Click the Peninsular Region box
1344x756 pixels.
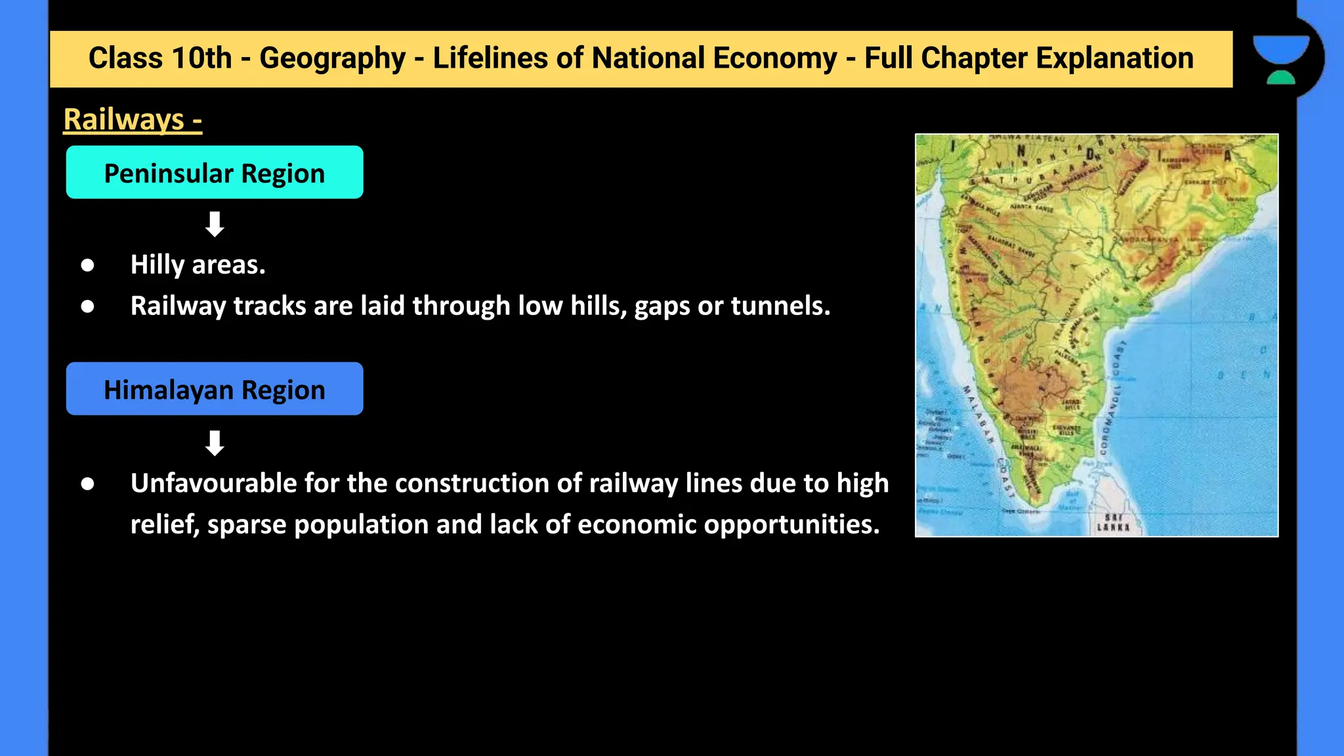215,173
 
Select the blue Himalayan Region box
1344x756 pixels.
215,389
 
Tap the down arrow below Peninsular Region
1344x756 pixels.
215,224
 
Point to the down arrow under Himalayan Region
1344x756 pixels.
215,443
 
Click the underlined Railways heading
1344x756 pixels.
133,119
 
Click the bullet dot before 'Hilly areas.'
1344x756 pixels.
88,265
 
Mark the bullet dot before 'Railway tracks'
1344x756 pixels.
88,306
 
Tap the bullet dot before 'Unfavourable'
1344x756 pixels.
88,484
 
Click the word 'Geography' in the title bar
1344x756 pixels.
333,58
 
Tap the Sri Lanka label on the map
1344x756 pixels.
1113,522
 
